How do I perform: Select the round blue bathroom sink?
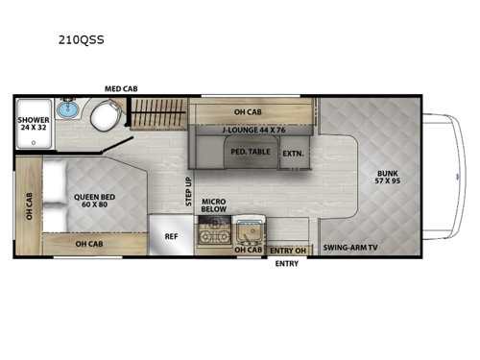coord(66,108)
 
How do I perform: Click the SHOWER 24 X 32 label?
coord(33,124)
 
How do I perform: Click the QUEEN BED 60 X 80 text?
coord(94,201)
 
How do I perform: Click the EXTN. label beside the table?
coord(293,153)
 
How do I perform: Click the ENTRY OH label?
coord(286,251)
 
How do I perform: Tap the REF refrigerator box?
coord(172,235)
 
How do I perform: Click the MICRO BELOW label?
coord(214,205)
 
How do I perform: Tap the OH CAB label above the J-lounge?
coord(249,110)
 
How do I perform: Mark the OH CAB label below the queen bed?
coord(88,244)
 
